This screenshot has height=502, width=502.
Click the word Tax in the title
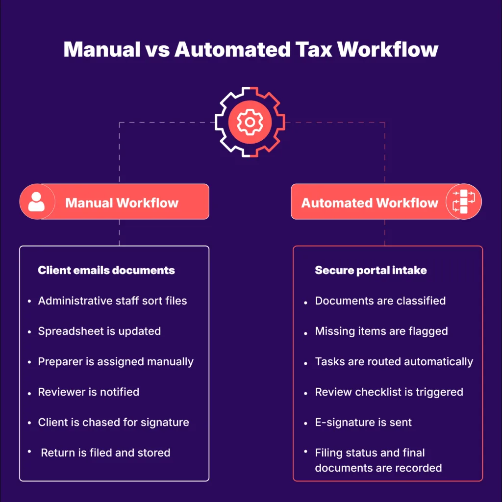(x=314, y=50)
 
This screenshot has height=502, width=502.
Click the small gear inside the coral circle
(x=250, y=122)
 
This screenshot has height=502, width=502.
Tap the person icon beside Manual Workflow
(x=36, y=201)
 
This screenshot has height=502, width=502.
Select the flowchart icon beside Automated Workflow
(x=464, y=201)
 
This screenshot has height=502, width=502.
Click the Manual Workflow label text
(x=122, y=203)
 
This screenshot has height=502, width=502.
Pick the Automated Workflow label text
(x=370, y=203)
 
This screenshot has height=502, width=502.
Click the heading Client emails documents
(x=106, y=270)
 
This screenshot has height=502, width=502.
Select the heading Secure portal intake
(x=371, y=270)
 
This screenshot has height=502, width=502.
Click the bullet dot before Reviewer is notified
(x=29, y=394)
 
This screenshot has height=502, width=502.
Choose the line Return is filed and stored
(x=106, y=452)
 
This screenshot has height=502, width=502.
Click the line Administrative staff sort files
(x=112, y=301)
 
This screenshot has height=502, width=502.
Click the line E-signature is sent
(x=363, y=423)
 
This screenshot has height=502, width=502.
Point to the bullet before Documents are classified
(x=306, y=302)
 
